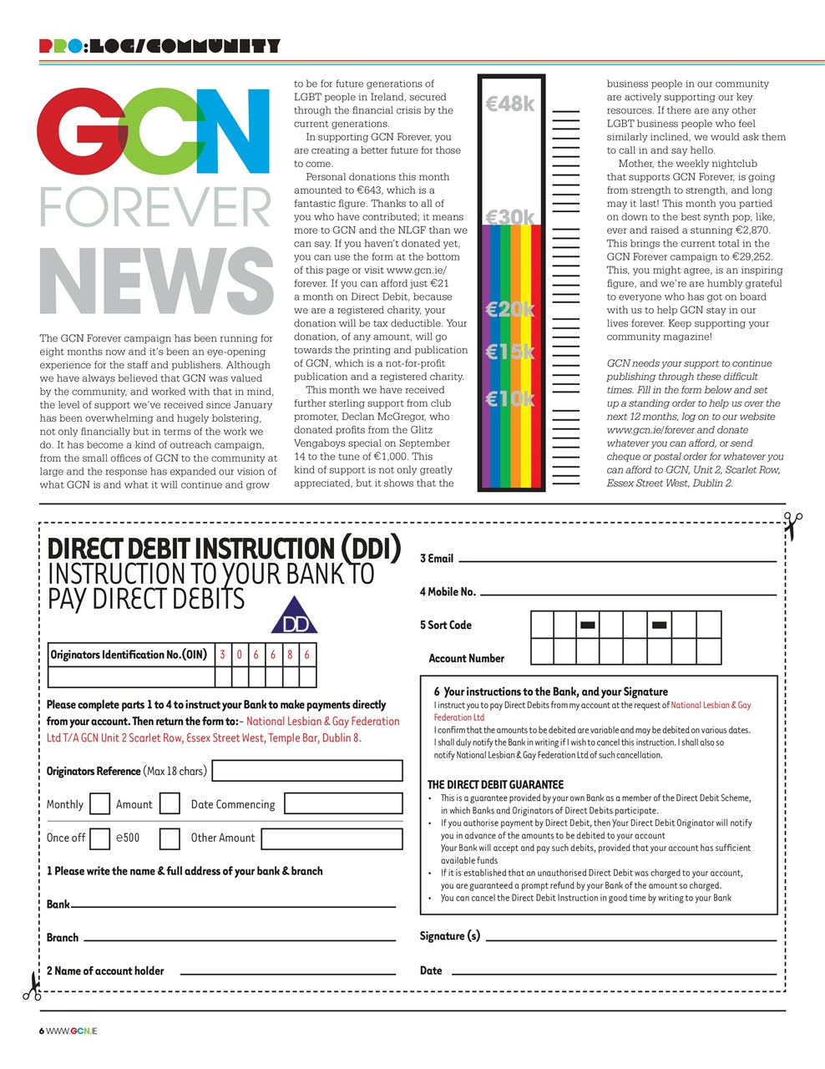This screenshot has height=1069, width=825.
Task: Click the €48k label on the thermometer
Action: point(509,104)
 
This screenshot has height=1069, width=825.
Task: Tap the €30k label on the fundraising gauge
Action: point(509,217)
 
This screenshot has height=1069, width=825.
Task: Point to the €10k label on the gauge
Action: point(509,398)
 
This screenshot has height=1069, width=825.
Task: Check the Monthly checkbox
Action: point(99,804)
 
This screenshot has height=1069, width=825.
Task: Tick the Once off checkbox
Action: point(99,838)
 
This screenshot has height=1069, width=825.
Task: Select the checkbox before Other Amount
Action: point(170,838)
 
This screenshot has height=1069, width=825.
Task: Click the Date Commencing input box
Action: point(343,804)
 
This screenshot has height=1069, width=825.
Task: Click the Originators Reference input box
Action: point(307,771)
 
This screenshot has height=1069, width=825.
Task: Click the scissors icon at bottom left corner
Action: point(32,986)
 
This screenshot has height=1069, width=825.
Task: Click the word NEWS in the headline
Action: point(156,281)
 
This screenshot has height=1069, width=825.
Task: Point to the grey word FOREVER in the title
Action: point(156,208)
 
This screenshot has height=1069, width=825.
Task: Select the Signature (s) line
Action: point(630,939)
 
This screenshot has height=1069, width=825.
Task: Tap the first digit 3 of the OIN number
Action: point(223,655)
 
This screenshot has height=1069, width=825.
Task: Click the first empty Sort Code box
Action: point(542,625)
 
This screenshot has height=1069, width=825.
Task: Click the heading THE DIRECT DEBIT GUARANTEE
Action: point(495,784)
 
